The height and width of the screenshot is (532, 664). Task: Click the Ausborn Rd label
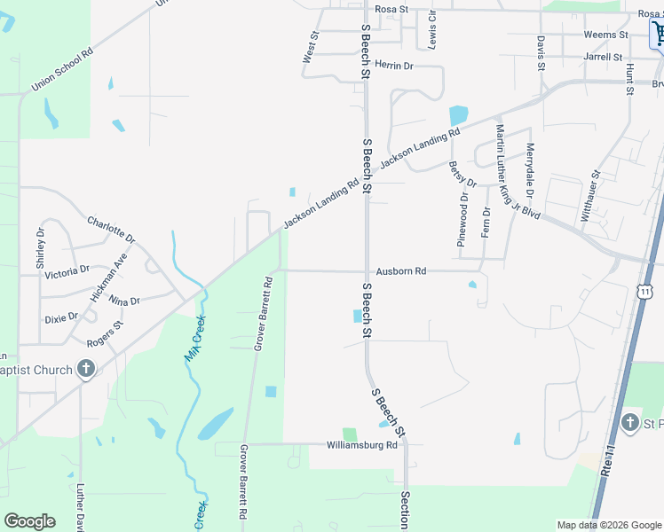point(401,270)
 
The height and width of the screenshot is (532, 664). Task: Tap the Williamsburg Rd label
point(361,445)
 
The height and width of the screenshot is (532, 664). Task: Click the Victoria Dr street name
point(67,270)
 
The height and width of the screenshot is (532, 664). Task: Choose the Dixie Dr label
point(61,317)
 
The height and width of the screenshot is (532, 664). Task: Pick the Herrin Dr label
point(394,66)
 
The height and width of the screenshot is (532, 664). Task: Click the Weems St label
point(605,35)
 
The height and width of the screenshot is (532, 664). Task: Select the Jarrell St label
point(603,57)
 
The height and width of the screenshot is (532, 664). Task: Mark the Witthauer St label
point(590,196)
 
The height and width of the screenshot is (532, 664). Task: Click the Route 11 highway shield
point(646,291)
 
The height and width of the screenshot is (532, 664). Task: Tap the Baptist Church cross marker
point(85,369)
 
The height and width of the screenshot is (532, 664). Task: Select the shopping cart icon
point(659,35)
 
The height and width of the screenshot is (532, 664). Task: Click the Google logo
point(29,521)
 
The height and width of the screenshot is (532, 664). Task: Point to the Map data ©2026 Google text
point(608,525)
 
